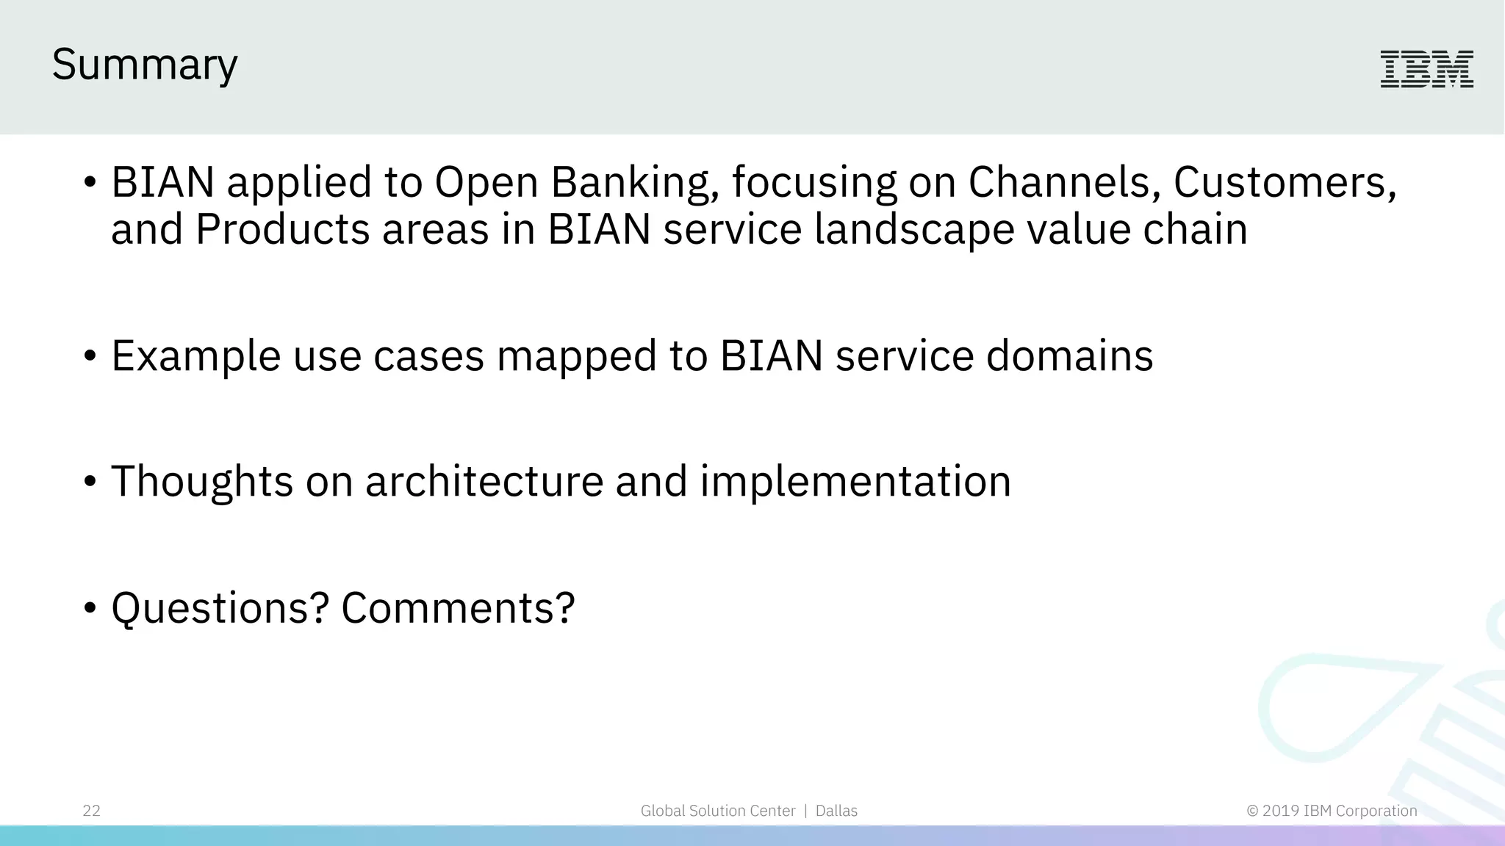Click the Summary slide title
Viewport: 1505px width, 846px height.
(x=145, y=65)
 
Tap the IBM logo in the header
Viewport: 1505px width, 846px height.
(x=1426, y=69)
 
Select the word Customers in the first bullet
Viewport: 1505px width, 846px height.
(x=1283, y=182)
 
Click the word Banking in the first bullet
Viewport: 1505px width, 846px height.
(x=634, y=182)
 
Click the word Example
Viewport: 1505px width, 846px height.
(x=195, y=356)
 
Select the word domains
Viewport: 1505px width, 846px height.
(x=1069, y=356)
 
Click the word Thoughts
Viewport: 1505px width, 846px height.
(x=202, y=482)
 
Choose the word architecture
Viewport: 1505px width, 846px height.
(x=484, y=482)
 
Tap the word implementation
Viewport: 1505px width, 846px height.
(x=855, y=482)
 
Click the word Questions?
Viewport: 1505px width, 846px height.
(x=220, y=608)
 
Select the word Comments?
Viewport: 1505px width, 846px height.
(x=458, y=608)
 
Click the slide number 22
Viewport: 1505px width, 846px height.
(x=91, y=811)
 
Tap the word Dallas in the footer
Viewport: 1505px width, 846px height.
(x=836, y=811)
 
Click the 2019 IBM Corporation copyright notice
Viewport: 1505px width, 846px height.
(x=1332, y=811)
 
